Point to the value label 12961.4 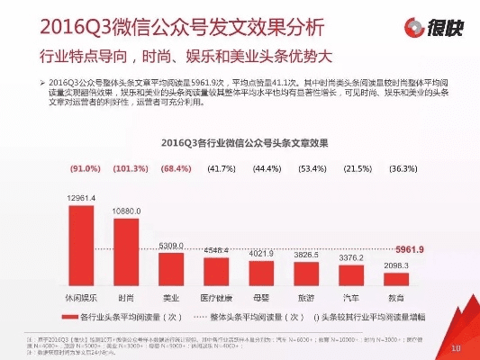click(82, 197)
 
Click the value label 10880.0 click(126, 210)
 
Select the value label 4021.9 click(261, 254)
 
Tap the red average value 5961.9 click(409, 248)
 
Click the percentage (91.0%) click(84, 169)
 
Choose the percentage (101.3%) click(130, 169)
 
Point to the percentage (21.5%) click(358, 169)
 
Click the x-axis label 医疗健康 click(217, 296)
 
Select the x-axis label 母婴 click(261, 296)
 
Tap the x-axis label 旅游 click(306, 296)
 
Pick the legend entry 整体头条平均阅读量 click(257, 317)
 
